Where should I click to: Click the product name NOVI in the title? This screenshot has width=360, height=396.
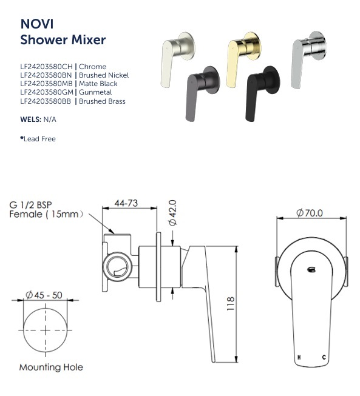(35, 24)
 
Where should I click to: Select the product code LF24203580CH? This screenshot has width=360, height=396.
(46, 67)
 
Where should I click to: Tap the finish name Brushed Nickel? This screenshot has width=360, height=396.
(104, 75)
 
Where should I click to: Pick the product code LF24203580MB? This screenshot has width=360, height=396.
(46, 84)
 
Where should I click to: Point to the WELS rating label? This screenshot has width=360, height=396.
(29, 120)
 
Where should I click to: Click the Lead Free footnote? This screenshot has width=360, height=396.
(40, 139)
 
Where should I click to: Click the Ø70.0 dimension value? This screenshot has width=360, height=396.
(310, 213)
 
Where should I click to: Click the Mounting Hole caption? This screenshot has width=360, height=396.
(51, 367)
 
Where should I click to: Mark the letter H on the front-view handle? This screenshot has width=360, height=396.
(299, 358)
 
